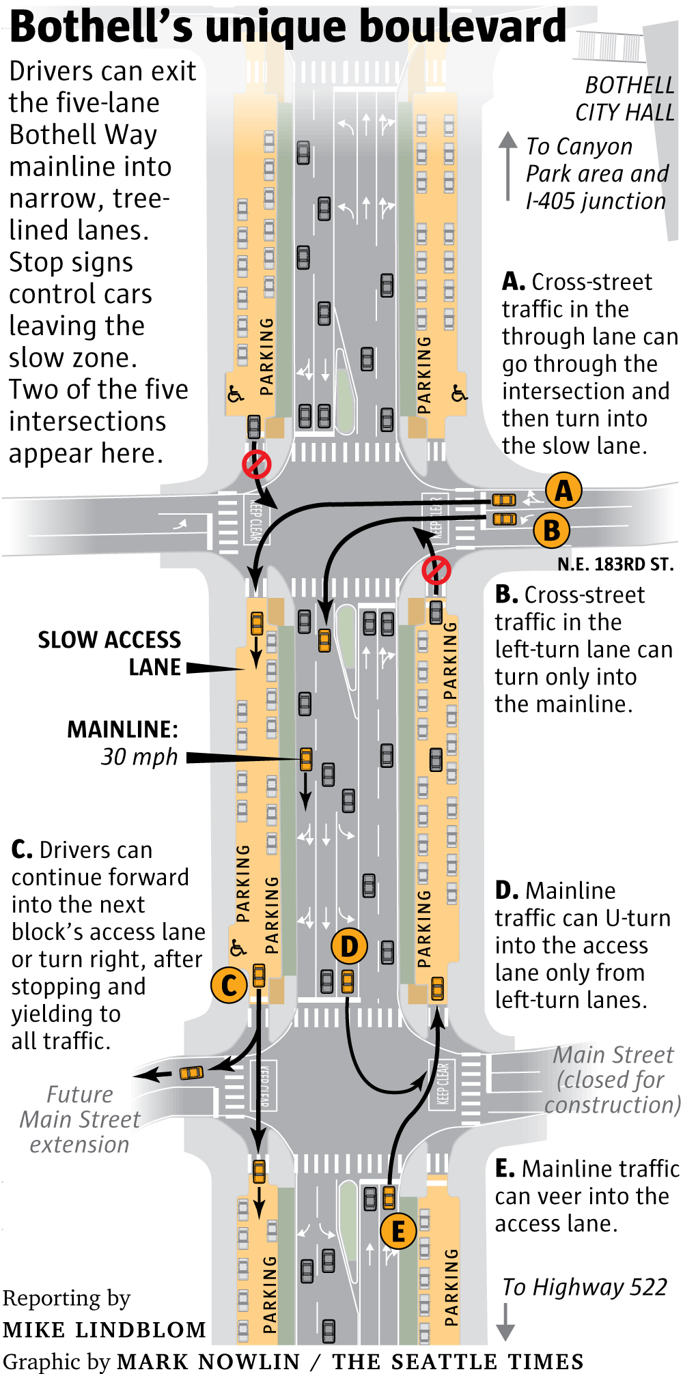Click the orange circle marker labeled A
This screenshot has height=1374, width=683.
[563, 490]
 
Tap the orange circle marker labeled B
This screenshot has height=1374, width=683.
[552, 530]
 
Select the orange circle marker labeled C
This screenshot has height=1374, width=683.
[229, 985]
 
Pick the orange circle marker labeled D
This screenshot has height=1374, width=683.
[349, 947]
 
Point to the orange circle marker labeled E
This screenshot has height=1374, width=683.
[398, 1231]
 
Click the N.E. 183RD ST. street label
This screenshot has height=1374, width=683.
[615, 564]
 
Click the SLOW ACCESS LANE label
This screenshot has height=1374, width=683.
[109, 653]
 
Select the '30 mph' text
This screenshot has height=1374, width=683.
[139, 757]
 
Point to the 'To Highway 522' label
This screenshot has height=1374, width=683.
[585, 1287]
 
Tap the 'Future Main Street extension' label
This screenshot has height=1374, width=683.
[80, 1119]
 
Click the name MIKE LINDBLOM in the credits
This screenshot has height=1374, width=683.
[104, 1330]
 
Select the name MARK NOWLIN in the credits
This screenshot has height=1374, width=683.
[208, 1361]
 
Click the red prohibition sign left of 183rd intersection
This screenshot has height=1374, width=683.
[257, 464]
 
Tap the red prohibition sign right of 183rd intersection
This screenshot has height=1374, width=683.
[436, 570]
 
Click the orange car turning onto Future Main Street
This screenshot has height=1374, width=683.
[191, 1072]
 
